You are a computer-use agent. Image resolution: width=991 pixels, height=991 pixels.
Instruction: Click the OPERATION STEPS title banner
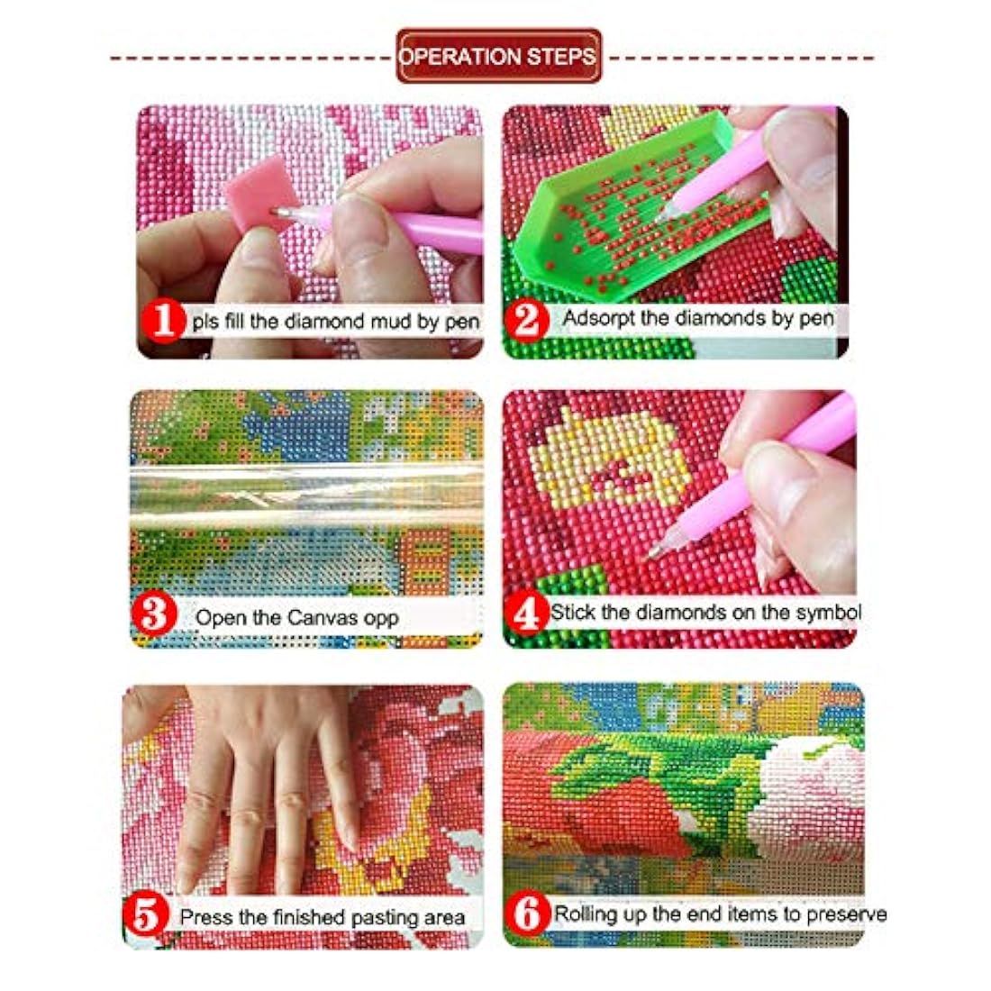(499, 56)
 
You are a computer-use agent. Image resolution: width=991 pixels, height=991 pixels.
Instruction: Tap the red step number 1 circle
(164, 321)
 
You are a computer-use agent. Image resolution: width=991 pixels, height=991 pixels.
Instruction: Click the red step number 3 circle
(153, 615)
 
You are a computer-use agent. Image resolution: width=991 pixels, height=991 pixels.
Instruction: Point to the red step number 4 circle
(526, 613)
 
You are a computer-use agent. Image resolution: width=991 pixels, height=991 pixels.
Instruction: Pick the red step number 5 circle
(145, 916)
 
